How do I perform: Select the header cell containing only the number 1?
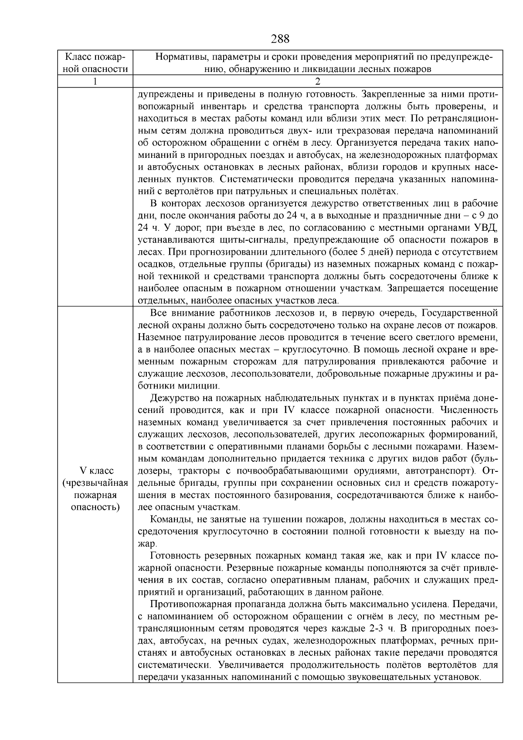point(95,82)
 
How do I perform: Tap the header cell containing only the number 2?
point(317,82)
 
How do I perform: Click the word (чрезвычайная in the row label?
point(95,483)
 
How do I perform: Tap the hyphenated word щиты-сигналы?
point(251,240)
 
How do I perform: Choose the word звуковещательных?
point(384,677)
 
